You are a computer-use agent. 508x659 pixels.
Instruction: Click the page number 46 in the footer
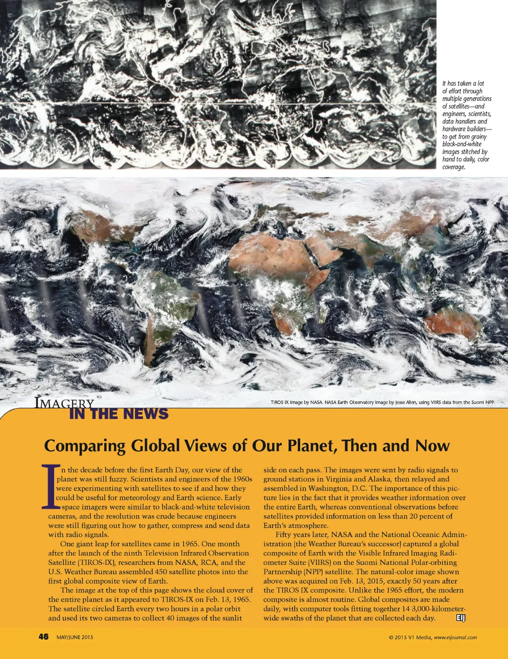coord(44,637)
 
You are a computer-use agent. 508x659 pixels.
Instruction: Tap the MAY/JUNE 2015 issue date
coord(74,637)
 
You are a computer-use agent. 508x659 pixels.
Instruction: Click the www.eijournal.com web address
coord(455,638)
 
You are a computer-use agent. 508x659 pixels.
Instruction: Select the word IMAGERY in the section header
coord(64,403)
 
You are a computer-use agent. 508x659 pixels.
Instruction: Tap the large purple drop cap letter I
coord(50,487)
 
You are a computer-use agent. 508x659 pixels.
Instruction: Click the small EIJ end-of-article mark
coord(460,617)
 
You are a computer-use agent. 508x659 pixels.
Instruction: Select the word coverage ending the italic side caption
coord(453,167)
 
